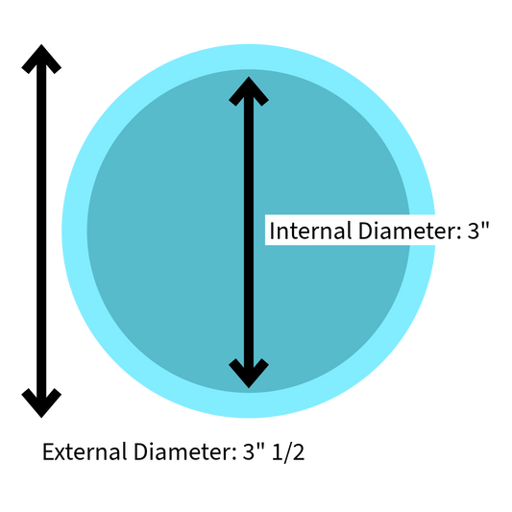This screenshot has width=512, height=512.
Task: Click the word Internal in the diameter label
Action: click(x=310, y=231)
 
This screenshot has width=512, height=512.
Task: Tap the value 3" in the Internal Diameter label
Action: click(x=478, y=230)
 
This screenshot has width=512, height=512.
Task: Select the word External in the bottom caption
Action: click(x=85, y=451)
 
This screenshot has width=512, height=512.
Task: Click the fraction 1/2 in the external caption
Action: click(x=288, y=452)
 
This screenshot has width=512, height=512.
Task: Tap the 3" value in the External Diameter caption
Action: click(x=254, y=451)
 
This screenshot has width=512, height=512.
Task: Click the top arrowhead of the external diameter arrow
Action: click(x=41, y=60)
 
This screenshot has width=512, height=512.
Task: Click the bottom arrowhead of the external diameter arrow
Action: click(x=41, y=402)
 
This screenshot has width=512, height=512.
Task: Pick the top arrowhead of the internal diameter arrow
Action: click(x=249, y=91)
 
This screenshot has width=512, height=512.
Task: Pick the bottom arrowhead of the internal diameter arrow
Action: click(x=249, y=374)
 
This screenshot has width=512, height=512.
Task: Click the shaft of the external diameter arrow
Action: click(x=41, y=232)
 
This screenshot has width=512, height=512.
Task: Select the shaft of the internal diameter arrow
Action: click(x=249, y=232)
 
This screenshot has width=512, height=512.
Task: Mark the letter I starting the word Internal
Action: click(x=272, y=231)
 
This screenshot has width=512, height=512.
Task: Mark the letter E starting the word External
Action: click(x=48, y=451)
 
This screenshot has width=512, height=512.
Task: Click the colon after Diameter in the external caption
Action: click(x=234, y=454)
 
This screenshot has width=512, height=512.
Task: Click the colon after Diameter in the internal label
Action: click(x=459, y=233)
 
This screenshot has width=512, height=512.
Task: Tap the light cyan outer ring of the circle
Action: click(x=75, y=231)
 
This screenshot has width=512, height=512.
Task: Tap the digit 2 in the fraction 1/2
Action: click(x=299, y=451)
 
